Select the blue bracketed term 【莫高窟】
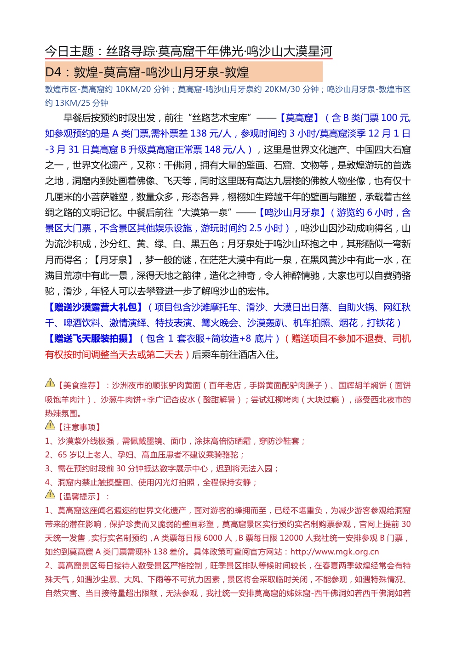pos(299,118)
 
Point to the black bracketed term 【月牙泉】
pos(113,260)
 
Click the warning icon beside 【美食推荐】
pos(50,383)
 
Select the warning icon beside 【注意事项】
pos(50,425)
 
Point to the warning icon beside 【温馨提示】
pos(50,494)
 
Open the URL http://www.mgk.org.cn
pos(335,552)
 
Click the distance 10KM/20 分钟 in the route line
pos(142,89)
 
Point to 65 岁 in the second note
pos(68,455)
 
